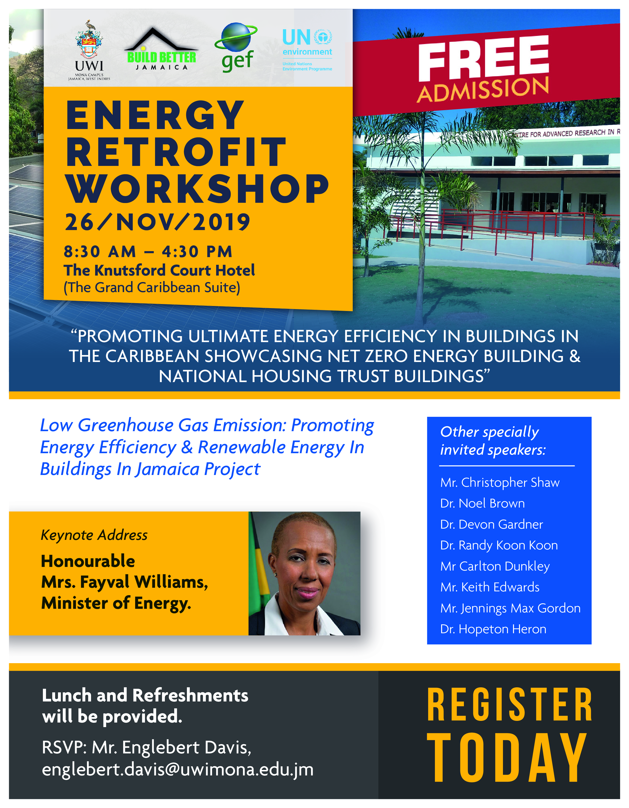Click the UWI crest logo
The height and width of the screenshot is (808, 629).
coord(89,41)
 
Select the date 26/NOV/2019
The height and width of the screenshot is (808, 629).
coord(157,222)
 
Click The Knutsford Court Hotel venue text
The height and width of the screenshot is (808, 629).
coord(159,271)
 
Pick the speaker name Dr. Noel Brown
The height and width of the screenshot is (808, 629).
coord(482,503)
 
